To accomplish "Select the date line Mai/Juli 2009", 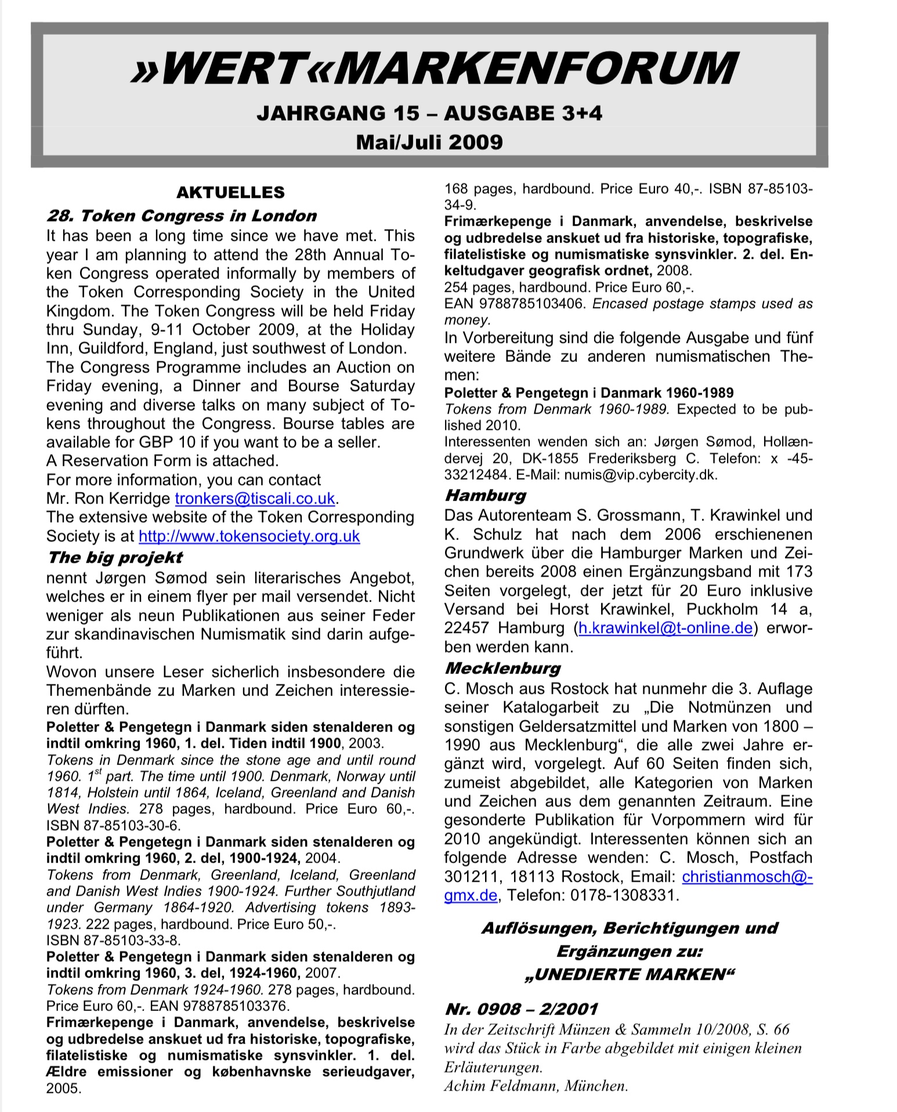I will click(429, 142).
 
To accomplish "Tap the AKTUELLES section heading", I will click(230, 193).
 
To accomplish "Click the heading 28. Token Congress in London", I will click(182, 216).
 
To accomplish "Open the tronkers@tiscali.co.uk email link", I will click(255, 498).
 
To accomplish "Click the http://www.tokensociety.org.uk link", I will click(249, 536).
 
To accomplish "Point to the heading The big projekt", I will click(115, 557).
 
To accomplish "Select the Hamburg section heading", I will click(485, 495).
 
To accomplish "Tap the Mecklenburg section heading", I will click(502, 668).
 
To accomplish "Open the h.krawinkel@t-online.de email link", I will click(665, 628).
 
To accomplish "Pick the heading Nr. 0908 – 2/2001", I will click(521, 1009).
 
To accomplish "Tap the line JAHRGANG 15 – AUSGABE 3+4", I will click(429, 113).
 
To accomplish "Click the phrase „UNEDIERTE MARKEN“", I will click(629, 974).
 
